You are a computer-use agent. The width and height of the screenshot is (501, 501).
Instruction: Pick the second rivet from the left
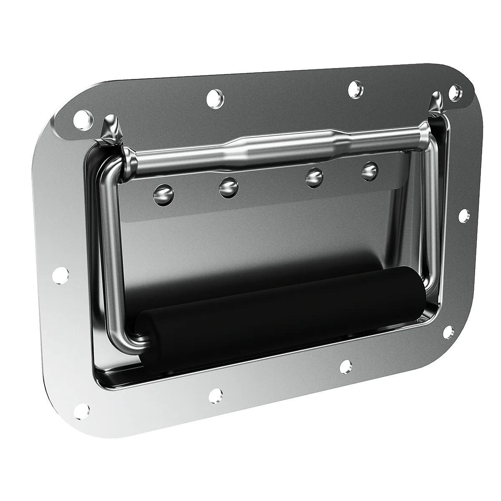(228, 186)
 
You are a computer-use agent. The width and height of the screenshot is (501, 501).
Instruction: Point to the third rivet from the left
(314, 177)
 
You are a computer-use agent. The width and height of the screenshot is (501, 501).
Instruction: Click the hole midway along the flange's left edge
(63, 275)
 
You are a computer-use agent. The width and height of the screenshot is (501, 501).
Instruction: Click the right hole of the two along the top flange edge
(356, 89)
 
